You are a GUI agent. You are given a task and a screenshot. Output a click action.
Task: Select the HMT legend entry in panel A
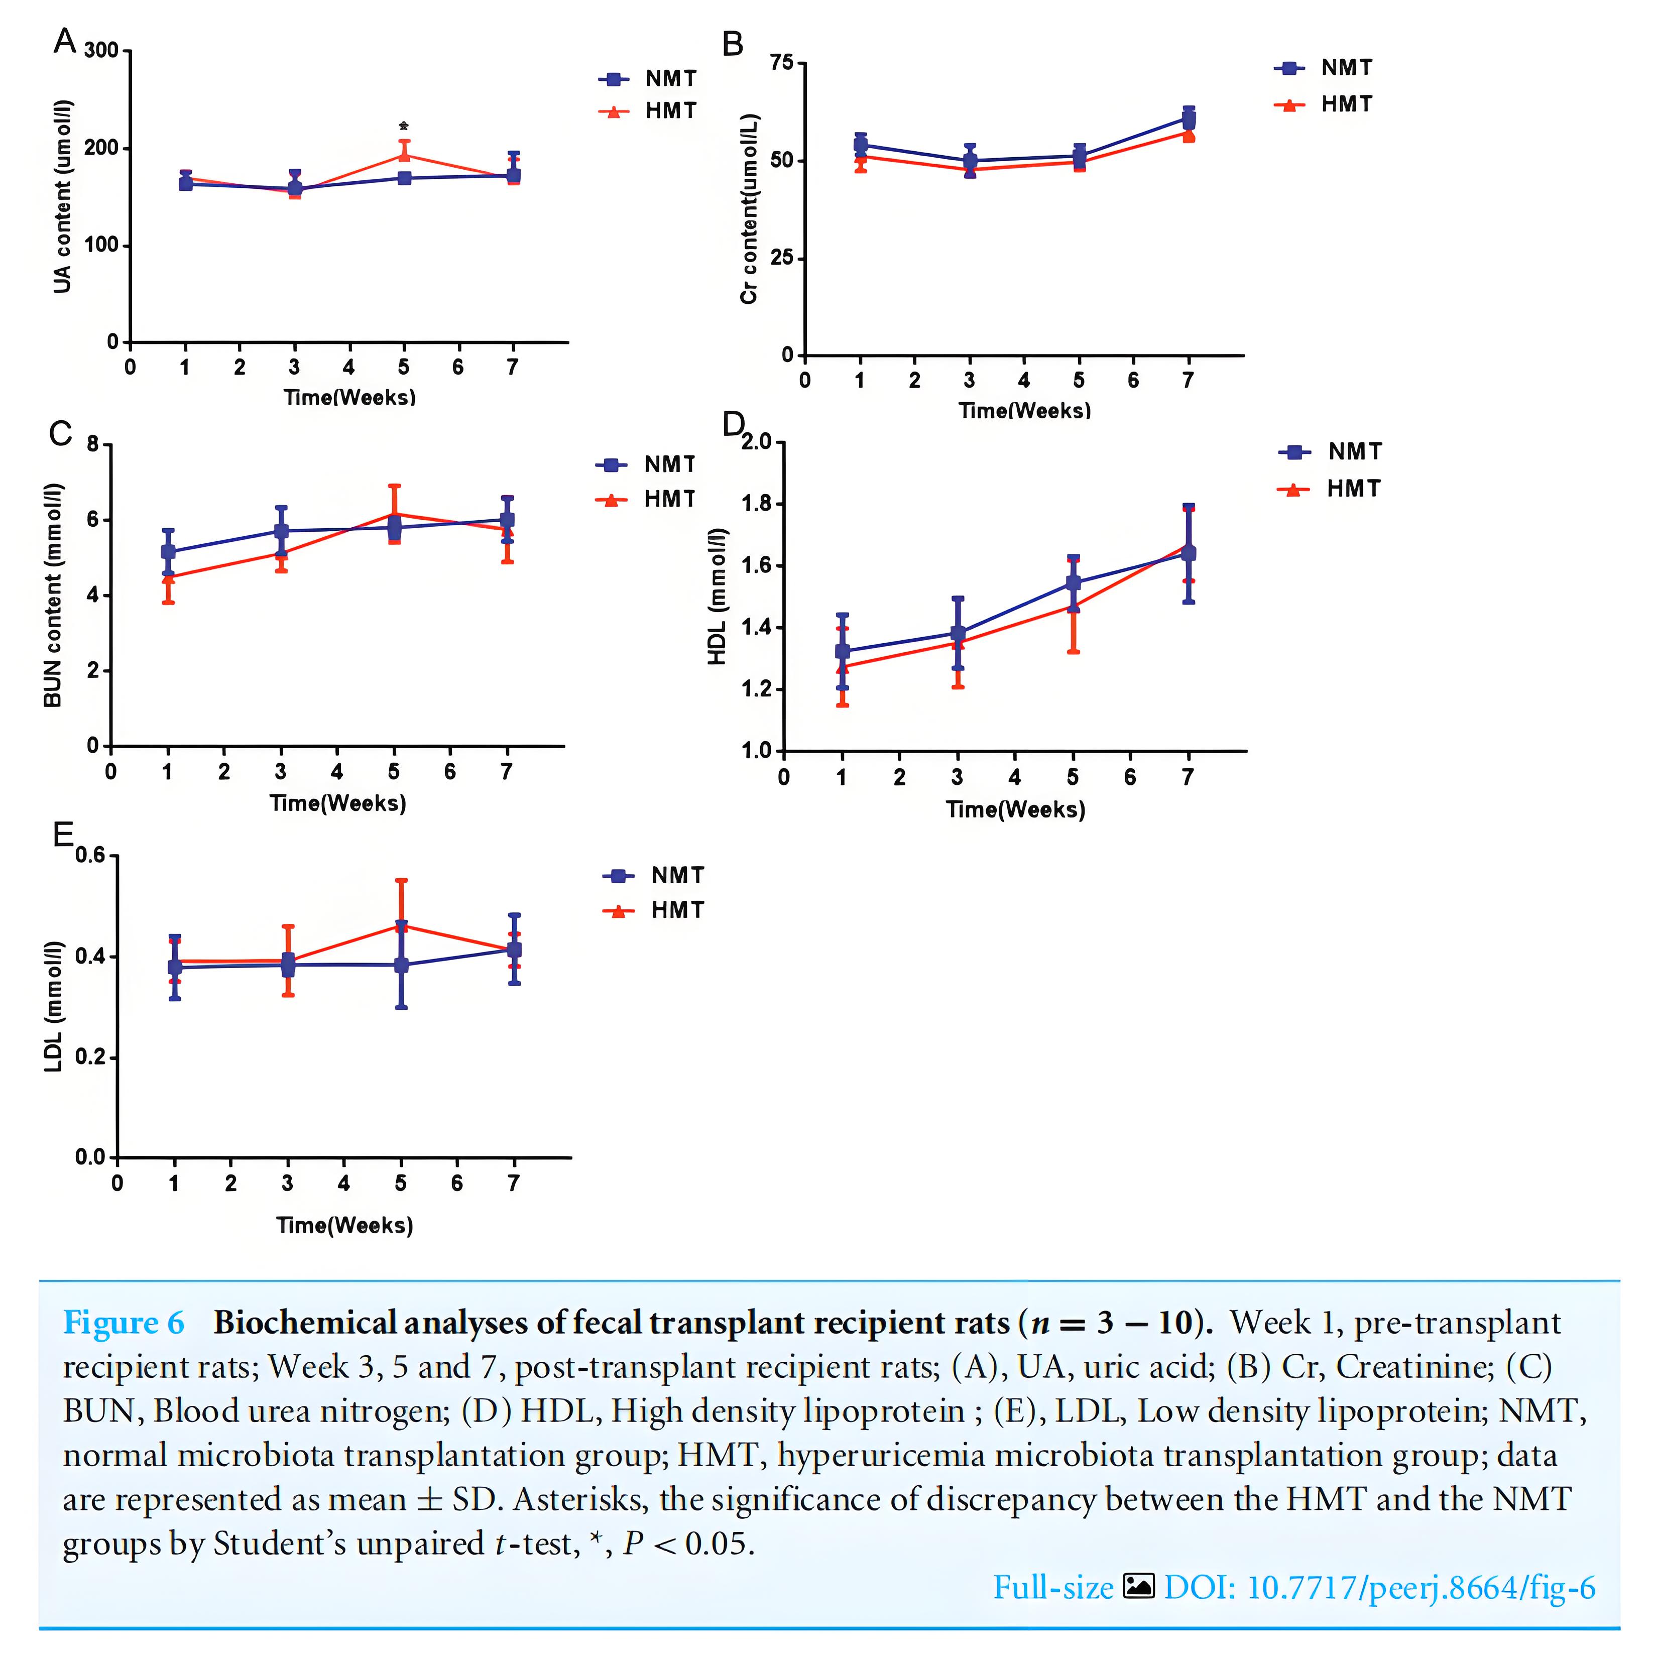[649, 110]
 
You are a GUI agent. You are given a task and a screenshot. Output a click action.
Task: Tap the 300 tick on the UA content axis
[102, 51]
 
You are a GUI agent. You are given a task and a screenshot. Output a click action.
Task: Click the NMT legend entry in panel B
[1324, 68]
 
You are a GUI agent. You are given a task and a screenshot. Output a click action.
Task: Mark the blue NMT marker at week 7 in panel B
[1188, 119]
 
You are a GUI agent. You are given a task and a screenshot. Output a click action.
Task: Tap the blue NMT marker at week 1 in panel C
[168, 551]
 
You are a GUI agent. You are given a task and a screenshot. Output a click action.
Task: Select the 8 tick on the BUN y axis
[93, 445]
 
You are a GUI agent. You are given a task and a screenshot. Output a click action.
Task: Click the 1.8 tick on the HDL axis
[757, 504]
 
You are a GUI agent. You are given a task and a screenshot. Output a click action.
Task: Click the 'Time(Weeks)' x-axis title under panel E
[344, 1225]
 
